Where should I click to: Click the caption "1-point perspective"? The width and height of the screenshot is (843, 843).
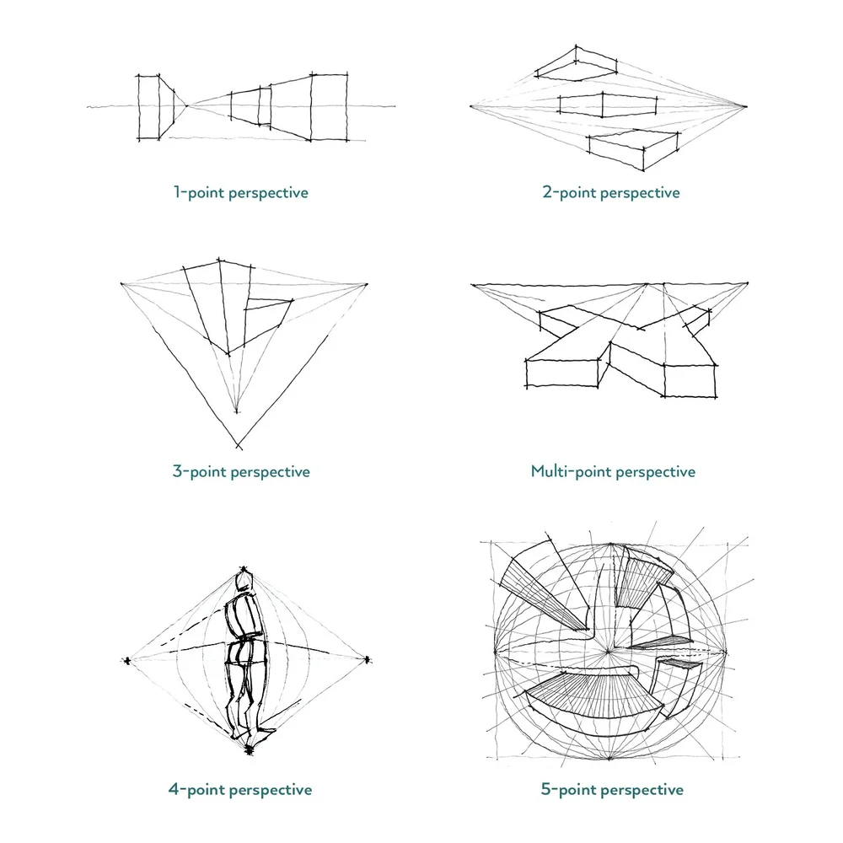[240, 192]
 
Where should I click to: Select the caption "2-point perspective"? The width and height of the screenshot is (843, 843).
[610, 192]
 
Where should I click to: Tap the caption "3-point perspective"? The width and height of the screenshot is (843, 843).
[241, 471]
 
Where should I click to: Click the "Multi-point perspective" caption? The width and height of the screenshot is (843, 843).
[613, 471]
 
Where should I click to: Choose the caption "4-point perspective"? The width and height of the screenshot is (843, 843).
[240, 790]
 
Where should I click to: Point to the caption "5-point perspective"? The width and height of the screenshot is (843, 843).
[612, 790]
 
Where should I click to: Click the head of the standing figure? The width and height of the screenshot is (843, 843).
[244, 583]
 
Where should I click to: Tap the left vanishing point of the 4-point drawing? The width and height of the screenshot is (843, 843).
[127, 660]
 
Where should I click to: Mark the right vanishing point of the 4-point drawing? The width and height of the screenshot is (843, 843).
[367, 659]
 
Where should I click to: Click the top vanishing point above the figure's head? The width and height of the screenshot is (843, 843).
[244, 569]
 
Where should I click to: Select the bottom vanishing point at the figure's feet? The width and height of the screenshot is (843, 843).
[248, 749]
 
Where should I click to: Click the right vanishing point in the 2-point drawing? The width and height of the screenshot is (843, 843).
[747, 106]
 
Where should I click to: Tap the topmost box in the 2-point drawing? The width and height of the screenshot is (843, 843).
[578, 64]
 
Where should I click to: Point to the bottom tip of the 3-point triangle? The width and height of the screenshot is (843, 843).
[238, 446]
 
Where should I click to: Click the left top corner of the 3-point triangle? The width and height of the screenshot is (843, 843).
[123, 284]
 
